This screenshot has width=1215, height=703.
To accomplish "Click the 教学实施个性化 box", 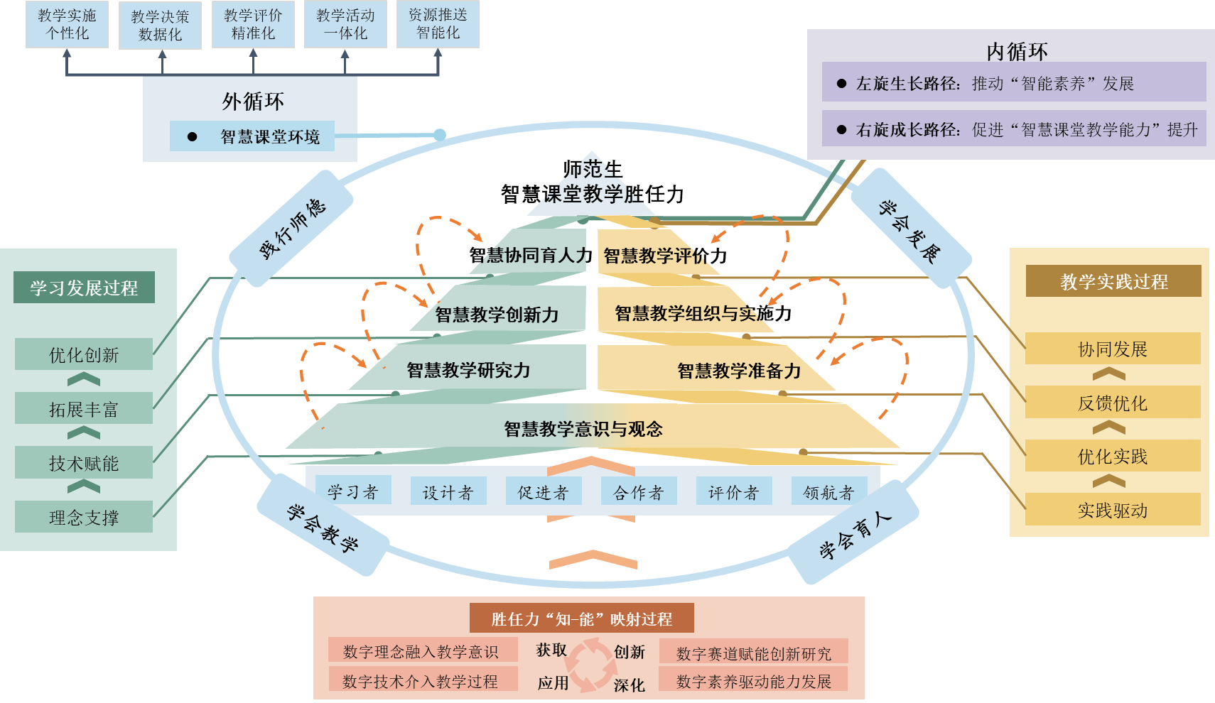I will (67, 24).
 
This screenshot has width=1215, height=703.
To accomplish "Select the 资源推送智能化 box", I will (438, 24).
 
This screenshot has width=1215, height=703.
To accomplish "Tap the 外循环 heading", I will (252, 102).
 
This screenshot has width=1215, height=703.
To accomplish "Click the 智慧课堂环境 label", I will (269, 136).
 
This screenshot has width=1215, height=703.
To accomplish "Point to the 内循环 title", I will (1017, 51).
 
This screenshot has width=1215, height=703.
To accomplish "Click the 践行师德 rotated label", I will (292, 228).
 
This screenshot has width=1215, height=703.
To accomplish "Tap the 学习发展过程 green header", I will (84, 288).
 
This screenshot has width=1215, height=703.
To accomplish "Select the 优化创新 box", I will (84, 354).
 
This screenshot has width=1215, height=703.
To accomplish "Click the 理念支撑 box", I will (84, 517).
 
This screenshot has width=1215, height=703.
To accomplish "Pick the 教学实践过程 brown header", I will (1113, 281).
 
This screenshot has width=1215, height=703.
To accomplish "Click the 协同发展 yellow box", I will (1113, 349).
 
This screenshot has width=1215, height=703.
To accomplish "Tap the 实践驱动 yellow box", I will (1113, 510).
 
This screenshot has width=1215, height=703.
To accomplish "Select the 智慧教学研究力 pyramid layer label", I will (468, 370).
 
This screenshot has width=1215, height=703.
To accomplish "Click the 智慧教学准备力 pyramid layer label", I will (739, 371).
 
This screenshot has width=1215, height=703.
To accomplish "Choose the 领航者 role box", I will (828, 491).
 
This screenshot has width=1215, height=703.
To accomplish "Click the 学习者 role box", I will (352, 491).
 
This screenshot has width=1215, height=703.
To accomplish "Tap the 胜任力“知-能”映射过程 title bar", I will (581, 618).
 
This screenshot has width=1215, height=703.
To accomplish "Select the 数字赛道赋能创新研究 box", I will (753, 653).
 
